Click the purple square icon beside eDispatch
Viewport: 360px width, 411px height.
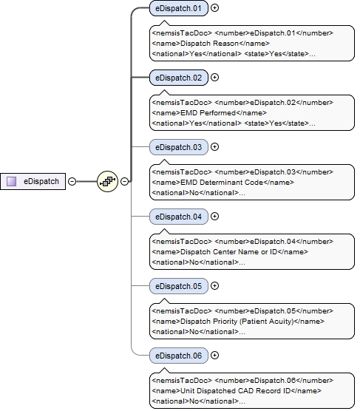point(12,180)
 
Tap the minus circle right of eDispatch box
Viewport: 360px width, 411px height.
point(72,180)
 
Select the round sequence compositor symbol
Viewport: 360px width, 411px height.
point(107,180)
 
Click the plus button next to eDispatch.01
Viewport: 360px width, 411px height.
point(215,9)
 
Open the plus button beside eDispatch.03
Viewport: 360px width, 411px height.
point(215,146)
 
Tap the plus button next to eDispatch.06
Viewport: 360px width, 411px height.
point(215,355)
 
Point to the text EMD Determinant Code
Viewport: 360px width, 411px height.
point(211,182)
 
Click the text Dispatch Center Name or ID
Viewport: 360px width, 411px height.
point(218,251)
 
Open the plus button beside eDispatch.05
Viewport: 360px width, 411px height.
point(215,285)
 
